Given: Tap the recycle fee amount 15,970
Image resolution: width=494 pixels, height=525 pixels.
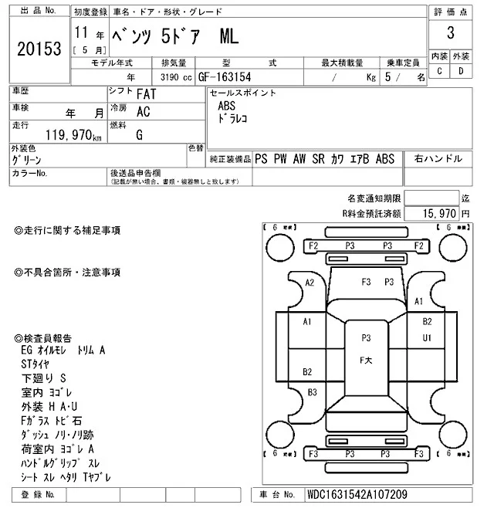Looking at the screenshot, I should coord(438,212).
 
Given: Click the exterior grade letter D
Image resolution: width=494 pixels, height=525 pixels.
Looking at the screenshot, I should coord(461,72).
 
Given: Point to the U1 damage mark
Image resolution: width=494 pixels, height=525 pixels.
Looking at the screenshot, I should coord(427,337).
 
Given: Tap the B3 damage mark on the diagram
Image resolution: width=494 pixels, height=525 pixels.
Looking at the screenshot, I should coord(312,392).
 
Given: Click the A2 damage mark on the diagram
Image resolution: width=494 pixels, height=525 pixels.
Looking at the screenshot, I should coord(310,283).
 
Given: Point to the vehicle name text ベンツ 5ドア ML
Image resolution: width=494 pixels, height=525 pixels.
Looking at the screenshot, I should coord(177,35).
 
